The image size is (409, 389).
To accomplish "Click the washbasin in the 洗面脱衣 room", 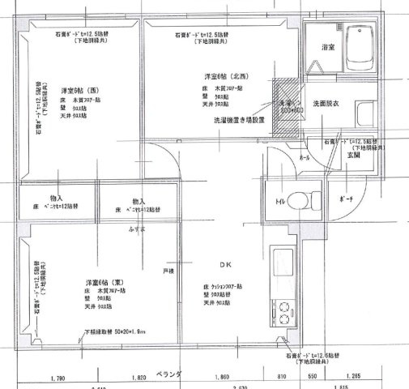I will click(x=363, y=112).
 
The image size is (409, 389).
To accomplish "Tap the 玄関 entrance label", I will click(x=331, y=154).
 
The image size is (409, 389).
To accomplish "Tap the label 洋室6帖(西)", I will click(x=75, y=89).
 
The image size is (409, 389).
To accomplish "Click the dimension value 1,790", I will click(x=57, y=378).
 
